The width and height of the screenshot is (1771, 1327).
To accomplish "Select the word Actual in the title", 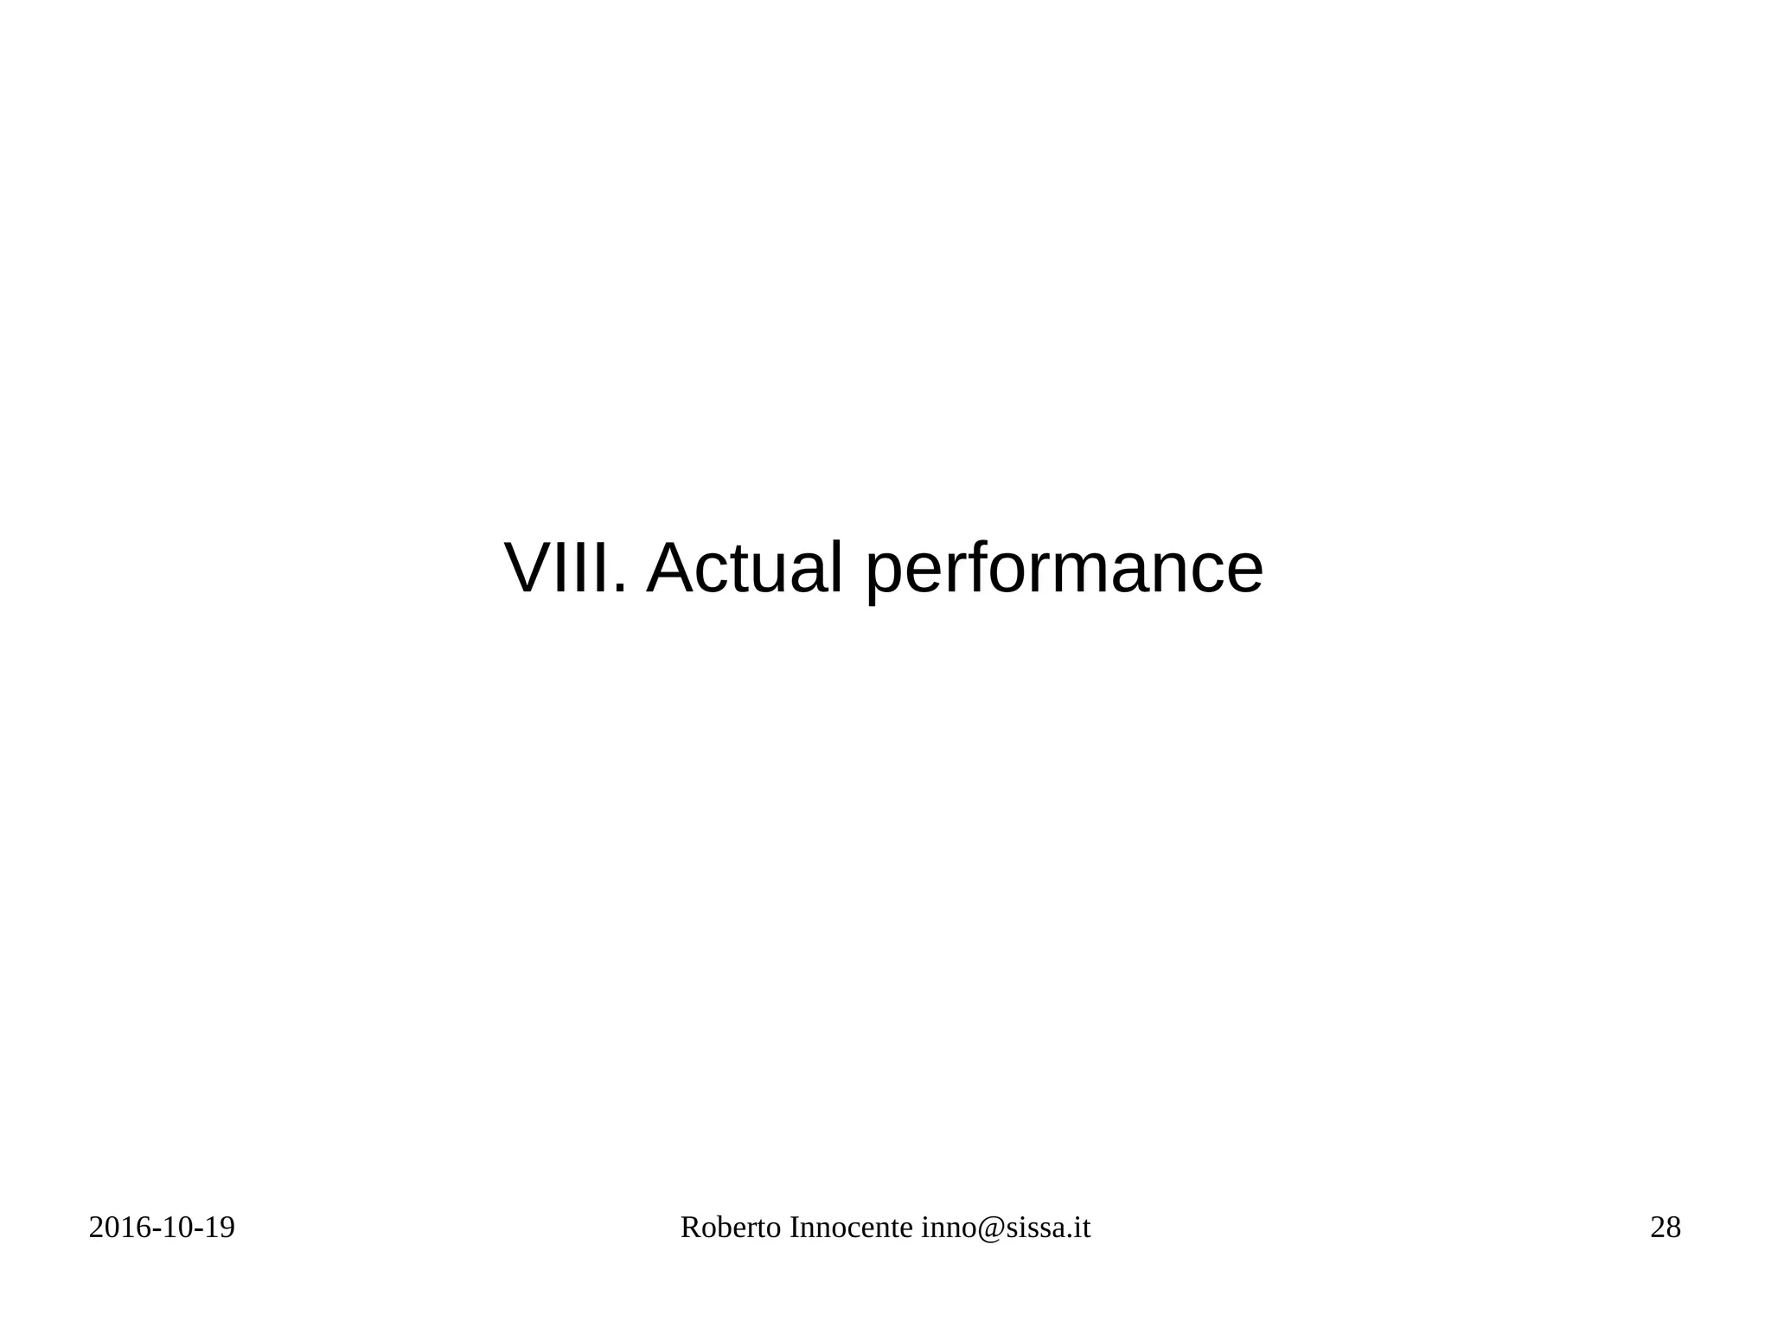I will tap(744, 569).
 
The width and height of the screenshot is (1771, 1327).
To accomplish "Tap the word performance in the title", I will tap(1064, 571).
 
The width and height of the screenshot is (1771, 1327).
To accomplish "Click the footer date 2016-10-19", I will tap(162, 1228).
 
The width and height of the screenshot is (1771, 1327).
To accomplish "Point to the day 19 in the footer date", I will tap(219, 1228).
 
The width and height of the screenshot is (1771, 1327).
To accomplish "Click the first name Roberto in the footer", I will tap(731, 1228).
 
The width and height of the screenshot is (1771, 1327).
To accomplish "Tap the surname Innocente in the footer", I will tap(851, 1228).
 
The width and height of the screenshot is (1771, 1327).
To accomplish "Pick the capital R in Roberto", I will tap(690, 1228).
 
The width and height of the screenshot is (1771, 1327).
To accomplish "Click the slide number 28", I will tap(1666, 1228).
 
